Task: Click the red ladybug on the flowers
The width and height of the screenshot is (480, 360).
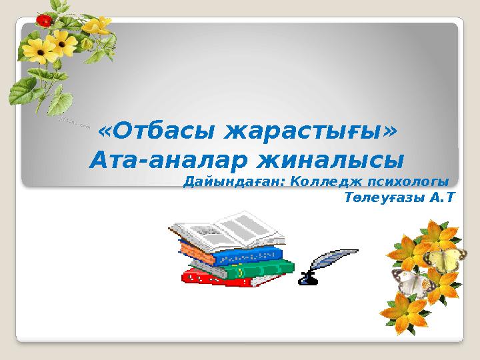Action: [44, 21]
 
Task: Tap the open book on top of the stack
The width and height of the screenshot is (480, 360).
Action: [230, 231]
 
